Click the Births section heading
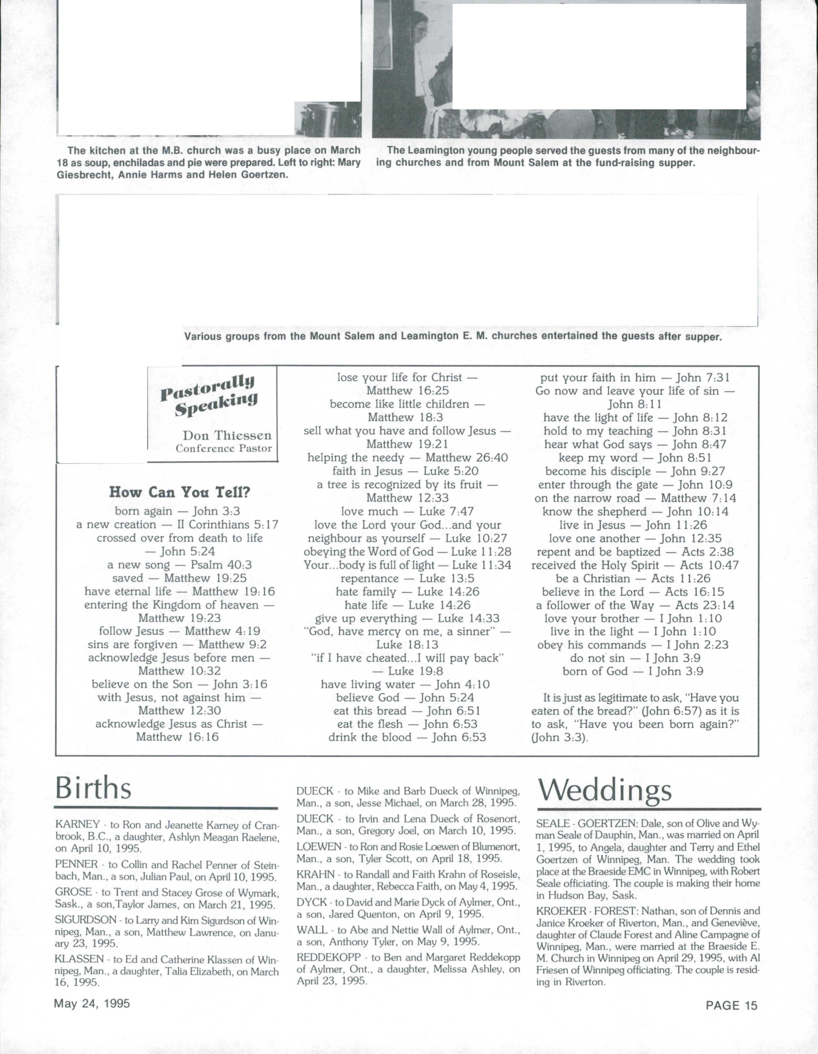click(93, 789)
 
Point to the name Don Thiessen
click(227, 435)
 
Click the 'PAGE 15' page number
click(731, 1005)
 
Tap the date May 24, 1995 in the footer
click(92, 1003)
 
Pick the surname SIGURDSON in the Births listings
click(85, 920)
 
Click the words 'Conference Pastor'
click(224, 448)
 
